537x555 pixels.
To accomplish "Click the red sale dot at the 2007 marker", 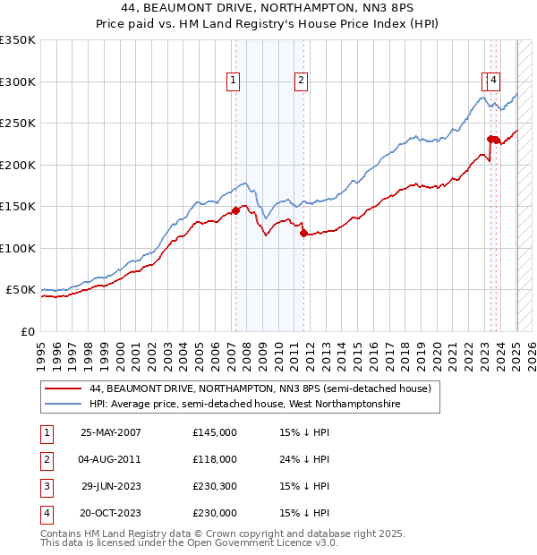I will click(x=236, y=211).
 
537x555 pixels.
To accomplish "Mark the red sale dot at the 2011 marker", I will click(x=303, y=234).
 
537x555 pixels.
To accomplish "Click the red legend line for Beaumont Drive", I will click(x=64, y=389).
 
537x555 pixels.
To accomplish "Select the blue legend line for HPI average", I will click(x=64, y=404).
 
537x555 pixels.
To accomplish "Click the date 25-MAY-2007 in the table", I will click(x=111, y=432).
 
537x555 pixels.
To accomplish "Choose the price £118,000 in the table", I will click(x=214, y=459).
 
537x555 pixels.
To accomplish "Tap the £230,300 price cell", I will click(x=214, y=486).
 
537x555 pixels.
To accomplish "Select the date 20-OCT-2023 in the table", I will click(x=111, y=513).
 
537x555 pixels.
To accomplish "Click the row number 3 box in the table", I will click(x=46, y=486).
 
